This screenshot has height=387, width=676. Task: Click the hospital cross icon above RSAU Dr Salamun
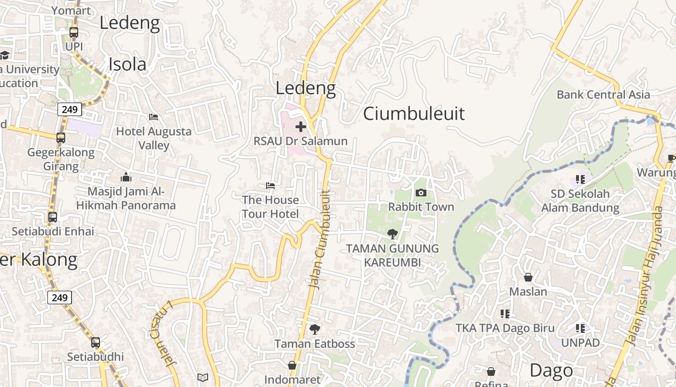point(301,127)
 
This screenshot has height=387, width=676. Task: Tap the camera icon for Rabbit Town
point(421,193)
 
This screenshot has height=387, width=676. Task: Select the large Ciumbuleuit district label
point(414,114)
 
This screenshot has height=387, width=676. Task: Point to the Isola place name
point(127,64)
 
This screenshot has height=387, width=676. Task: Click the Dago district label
point(551,371)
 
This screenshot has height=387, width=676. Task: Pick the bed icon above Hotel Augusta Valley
point(154,117)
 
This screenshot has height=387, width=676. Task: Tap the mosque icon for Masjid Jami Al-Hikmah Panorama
point(126,177)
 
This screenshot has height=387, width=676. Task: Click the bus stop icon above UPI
point(74,32)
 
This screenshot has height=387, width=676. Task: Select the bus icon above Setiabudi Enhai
point(53,217)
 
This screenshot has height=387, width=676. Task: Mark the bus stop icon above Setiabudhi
point(96,342)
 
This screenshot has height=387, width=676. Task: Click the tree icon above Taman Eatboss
point(315,329)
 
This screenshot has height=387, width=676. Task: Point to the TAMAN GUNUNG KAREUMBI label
point(393,255)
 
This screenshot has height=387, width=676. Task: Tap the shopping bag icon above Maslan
point(528,277)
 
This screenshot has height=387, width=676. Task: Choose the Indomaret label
point(292,380)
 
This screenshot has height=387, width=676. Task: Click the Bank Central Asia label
point(603,94)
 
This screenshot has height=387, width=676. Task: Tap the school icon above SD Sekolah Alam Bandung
point(580,179)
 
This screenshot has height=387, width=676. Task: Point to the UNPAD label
point(580,342)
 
